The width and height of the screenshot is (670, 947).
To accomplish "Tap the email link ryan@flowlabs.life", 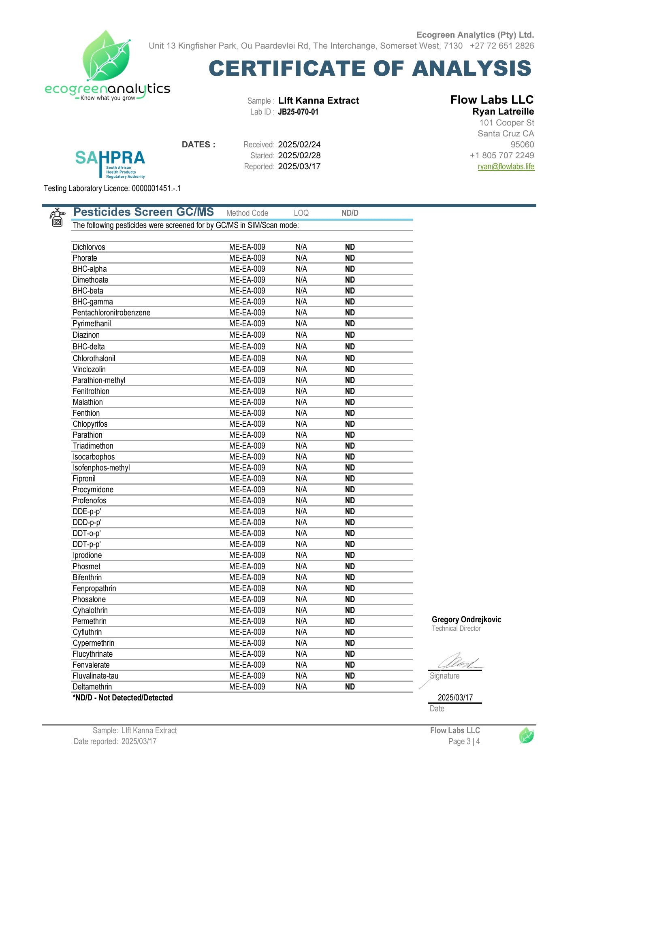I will point(506,167).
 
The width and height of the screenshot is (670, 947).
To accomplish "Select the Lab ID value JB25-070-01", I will point(298,112).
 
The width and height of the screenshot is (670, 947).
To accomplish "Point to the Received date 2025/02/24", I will point(299,145).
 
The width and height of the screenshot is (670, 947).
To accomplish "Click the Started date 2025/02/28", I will point(299,155).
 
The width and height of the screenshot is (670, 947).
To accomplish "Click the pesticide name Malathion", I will point(87,402).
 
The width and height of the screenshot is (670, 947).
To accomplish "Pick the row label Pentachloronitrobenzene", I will point(111,313).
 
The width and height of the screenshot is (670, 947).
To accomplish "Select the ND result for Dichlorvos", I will point(350,247).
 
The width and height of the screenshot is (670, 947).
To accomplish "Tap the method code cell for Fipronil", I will point(247,479).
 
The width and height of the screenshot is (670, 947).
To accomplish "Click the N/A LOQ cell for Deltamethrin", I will point(301,687).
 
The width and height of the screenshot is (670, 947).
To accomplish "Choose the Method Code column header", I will point(247,213).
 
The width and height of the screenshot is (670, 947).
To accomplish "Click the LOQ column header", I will point(301,213).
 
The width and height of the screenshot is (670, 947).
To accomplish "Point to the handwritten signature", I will point(459,662).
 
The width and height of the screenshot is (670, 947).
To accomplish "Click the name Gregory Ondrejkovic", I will point(466,619).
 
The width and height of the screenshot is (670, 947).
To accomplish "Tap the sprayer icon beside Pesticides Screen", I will point(57,217).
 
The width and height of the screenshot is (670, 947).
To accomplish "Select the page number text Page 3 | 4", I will point(464,741).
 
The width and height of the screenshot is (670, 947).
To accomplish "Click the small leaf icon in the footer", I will point(527,736).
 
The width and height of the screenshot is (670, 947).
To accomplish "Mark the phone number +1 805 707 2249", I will point(501,155).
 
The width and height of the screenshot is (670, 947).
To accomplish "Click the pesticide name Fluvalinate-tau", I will point(95,676).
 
